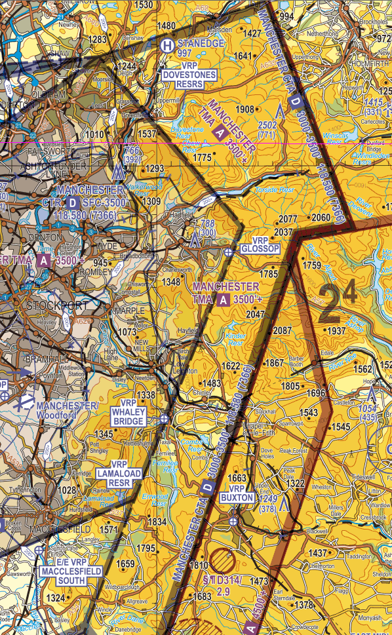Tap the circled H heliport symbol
168,45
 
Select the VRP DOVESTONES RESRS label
189,70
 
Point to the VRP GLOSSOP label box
260,244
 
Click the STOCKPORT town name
54,306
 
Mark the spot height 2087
283,330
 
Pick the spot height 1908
245,109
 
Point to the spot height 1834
157,522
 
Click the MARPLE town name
129,310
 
